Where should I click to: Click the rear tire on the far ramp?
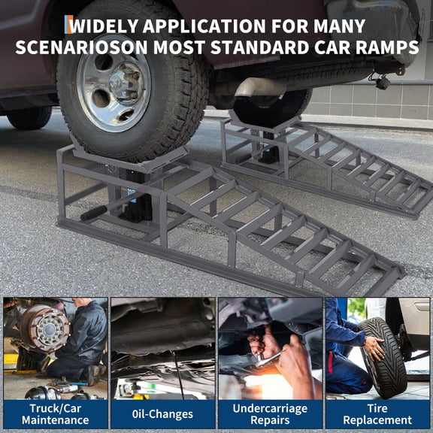click(x=271, y=105)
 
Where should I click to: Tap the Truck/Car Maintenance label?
click(x=55, y=413)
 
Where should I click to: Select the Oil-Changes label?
click(x=162, y=413)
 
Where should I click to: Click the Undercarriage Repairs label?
click(x=270, y=413)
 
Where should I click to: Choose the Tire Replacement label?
click(x=377, y=413)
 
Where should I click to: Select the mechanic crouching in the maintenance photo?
click(x=82, y=338)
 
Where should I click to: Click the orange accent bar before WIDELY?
click(x=69, y=26)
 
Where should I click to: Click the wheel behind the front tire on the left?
click(x=30, y=117)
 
